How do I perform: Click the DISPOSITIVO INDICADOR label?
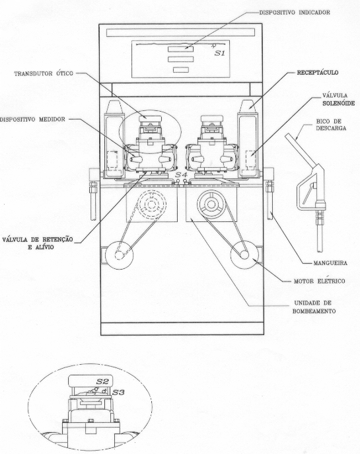point(295,13)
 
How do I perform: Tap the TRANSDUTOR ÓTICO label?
point(44,73)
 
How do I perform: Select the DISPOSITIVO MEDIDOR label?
point(32,120)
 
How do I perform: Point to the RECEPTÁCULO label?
point(318,73)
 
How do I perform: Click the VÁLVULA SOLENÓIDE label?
point(338,99)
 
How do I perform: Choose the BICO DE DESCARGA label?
point(331,124)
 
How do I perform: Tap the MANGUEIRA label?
point(330,263)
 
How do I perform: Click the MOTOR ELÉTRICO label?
point(319,281)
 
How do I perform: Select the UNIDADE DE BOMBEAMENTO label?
point(314,307)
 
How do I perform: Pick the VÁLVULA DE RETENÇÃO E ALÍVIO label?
point(38,243)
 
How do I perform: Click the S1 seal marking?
point(220,54)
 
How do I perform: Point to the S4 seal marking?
point(181,174)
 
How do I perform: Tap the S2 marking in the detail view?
point(102,381)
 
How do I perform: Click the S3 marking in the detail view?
point(118,393)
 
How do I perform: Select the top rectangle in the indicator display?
point(180,49)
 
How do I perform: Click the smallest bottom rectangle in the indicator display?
point(181,70)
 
